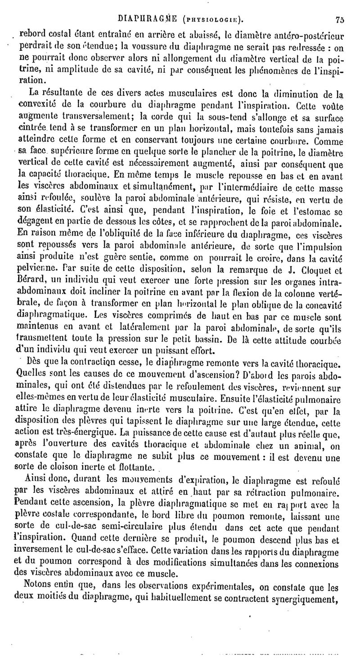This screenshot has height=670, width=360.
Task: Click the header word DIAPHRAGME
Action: click(143, 19)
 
